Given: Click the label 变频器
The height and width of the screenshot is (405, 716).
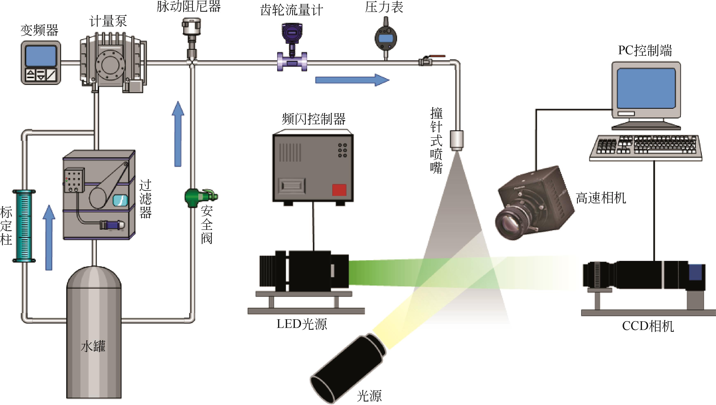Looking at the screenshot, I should (39, 30).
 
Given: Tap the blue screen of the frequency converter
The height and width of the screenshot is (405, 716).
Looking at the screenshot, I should (41, 56).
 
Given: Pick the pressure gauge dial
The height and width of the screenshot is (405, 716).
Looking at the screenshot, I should (386, 38).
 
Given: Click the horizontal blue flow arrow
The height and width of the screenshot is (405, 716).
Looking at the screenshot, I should (352, 80).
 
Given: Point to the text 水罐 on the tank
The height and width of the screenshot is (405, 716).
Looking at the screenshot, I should (93, 347).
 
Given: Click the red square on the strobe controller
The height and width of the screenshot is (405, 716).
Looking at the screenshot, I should (339, 190).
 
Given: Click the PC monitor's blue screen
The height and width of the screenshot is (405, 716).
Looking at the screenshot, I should (646, 88).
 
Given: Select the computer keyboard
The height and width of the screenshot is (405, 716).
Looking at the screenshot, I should (645, 148).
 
